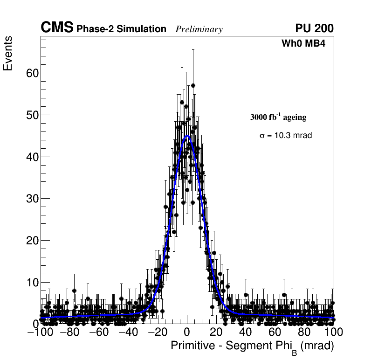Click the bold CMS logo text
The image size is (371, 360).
tap(57, 28)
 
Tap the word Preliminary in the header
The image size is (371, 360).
tap(199, 29)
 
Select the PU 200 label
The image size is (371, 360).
tap(314, 29)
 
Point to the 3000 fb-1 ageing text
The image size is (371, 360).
tap(278, 117)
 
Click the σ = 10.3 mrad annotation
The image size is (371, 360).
tap(285, 136)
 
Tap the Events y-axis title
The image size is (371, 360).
tap(8, 53)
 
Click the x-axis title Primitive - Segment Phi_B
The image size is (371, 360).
tap(252, 346)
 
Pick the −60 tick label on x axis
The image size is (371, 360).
tap(98, 332)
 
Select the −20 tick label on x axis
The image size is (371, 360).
tap(157, 332)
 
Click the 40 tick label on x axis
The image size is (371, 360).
tap(246, 332)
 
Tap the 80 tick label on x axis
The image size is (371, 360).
tap(304, 332)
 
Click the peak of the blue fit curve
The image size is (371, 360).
tap(187, 136)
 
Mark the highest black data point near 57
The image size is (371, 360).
tap(193, 85)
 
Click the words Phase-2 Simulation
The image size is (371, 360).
tap(121, 29)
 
